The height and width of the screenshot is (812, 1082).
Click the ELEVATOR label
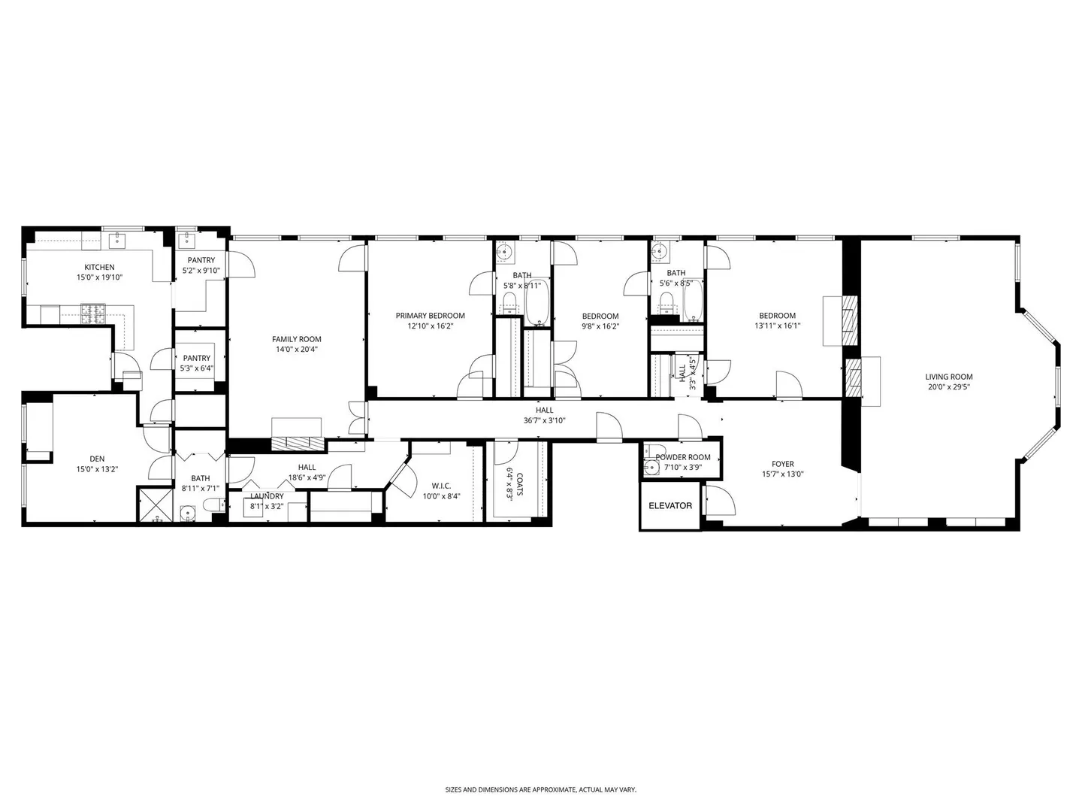[670, 505]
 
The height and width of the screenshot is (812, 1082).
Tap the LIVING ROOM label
[949, 377]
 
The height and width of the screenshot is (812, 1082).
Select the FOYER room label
[783, 464]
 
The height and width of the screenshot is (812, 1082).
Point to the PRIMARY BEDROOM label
[431, 316]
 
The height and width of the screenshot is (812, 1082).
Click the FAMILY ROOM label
[296, 339]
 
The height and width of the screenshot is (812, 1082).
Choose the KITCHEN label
[100, 267]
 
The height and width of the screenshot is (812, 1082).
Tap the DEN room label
[97, 459]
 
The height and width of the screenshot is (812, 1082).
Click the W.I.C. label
[440, 486]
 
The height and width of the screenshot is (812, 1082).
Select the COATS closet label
[520, 485]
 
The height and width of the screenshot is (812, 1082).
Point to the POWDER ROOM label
[683, 457]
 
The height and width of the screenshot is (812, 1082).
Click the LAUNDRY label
[267, 496]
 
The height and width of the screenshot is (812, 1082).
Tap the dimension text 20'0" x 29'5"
[949, 387]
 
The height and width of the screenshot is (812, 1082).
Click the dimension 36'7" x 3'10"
[544, 420]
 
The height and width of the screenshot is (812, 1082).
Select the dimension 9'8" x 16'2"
[600, 326]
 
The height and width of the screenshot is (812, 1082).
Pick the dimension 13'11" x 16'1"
[778, 326]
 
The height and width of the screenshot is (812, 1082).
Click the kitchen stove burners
[93, 313]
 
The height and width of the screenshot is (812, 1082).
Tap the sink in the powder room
[651, 467]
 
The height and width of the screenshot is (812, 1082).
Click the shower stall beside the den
[155, 504]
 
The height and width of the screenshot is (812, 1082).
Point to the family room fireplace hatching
[299, 443]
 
